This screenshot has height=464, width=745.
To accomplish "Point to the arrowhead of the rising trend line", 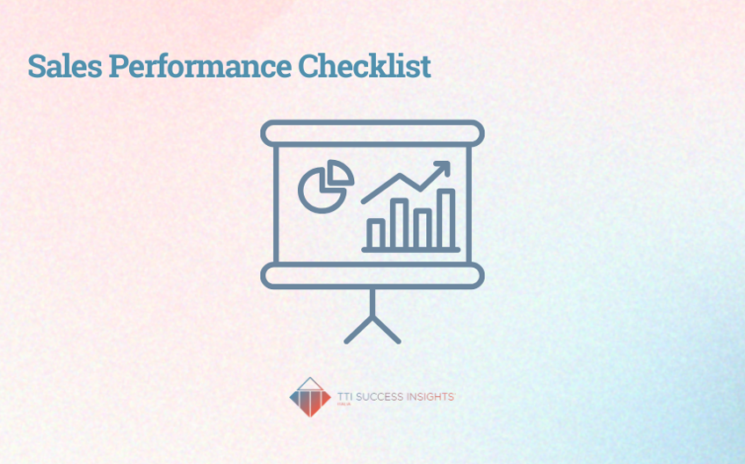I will (x=443, y=167).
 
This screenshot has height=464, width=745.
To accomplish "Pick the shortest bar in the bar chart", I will (x=375, y=234).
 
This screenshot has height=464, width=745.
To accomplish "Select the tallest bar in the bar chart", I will (x=446, y=219).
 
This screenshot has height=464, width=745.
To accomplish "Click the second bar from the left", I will (x=399, y=224).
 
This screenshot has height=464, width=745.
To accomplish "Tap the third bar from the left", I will (x=423, y=228).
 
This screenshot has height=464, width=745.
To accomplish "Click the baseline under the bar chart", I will (x=410, y=250).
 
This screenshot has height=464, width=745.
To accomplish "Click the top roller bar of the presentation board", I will (x=372, y=133).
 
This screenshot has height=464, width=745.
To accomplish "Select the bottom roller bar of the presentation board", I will (x=372, y=276).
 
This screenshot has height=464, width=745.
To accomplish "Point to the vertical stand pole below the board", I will (x=372, y=303).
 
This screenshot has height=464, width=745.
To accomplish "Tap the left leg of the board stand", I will (x=358, y=330).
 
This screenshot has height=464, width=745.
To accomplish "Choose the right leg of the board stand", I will (x=387, y=330).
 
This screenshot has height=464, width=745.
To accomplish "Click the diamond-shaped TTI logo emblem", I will (x=310, y=397).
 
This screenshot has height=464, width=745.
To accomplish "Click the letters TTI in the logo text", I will (x=345, y=397).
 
